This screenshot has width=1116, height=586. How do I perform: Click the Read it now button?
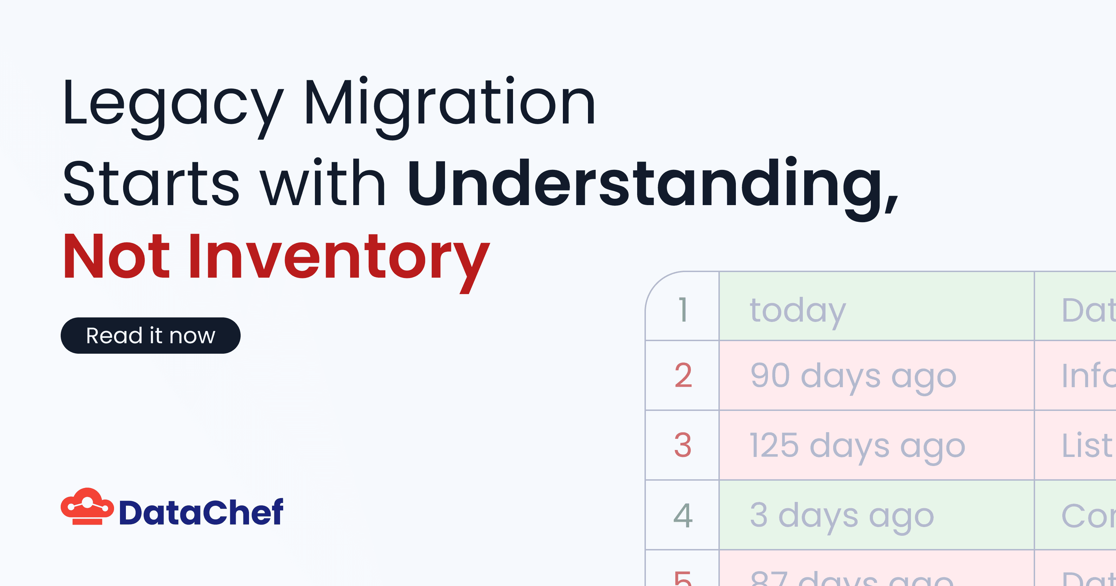pyautogui.click(x=150, y=336)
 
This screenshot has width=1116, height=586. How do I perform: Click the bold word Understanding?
pyautogui.click(x=652, y=184)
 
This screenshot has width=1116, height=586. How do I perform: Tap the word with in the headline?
pyautogui.click(x=323, y=184)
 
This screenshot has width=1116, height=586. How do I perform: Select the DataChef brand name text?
pyautogui.click(x=201, y=512)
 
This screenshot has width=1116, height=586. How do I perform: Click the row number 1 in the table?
pyautogui.click(x=683, y=309)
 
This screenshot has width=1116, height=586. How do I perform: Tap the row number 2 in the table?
pyautogui.click(x=683, y=375)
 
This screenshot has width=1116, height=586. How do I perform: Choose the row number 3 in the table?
pyautogui.click(x=683, y=445)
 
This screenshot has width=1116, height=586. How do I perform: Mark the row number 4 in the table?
pyautogui.click(x=683, y=515)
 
